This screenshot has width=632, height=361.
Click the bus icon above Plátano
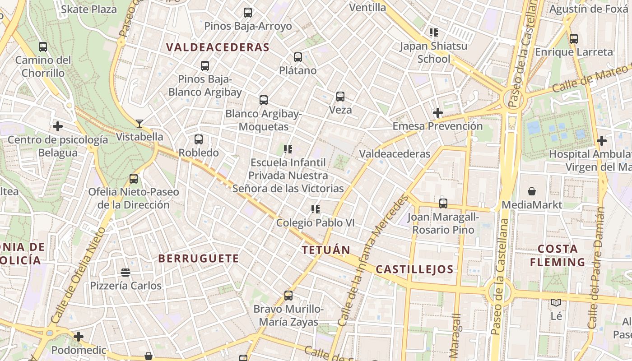coord(298,57)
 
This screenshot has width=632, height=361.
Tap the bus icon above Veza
coord(340,97)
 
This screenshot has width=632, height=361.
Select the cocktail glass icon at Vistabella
coord(139,123)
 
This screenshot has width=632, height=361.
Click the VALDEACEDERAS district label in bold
coord(218,47)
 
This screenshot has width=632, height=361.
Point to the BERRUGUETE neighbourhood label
coord(199,259)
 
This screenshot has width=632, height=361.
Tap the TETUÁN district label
coord(326,250)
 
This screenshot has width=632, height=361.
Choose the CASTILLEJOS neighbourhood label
coord(414,269)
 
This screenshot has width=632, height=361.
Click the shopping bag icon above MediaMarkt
coord(532,191)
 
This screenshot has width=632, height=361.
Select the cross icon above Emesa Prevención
coord(437,113)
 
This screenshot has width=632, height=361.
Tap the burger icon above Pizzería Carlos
coord(125,273)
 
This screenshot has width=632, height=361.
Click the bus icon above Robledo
coord(199,139)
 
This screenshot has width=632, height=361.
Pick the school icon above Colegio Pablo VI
coord(316,209)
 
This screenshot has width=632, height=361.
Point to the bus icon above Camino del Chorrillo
coord(43,47)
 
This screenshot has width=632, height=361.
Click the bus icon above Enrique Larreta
coord(574,39)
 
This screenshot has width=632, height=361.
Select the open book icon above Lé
coord(556,303)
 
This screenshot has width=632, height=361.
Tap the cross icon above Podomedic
coord(79,337)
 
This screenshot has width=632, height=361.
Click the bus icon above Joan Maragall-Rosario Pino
coord(443,204)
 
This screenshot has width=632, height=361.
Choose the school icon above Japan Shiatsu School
coord(434,32)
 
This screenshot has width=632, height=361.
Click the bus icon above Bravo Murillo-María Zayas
coord(288,296)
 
